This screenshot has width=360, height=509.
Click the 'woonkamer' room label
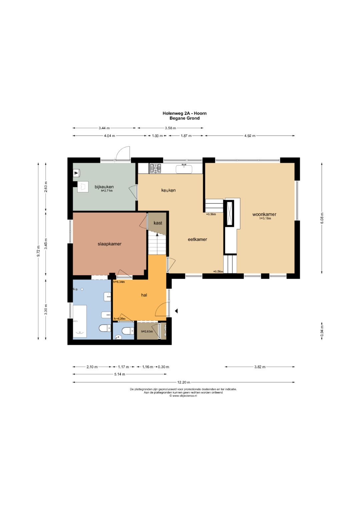pyautogui.click(x=264, y=214)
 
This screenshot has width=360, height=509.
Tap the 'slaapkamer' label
pyautogui.click(x=110, y=244)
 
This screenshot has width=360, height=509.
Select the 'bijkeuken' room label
pyautogui.click(x=104, y=187)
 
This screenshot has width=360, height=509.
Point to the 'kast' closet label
pyautogui.click(x=158, y=223)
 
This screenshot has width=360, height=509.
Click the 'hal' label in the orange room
pyautogui.click(x=144, y=295)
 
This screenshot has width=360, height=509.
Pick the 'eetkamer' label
pyautogui.click(x=197, y=239)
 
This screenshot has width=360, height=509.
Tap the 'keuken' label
pyautogui.click(x=168, y=190)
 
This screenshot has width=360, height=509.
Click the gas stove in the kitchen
pyautogui.click(x=155, y=168)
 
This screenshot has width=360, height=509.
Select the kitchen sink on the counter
pyautogui.click(x=184, y=169)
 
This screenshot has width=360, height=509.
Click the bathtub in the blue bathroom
pyautogui.click(x=80, y=321)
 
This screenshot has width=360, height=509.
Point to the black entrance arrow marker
pyautogui.click(x=176, y=311)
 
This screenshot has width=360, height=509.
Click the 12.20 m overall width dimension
pyautogui.click(x=184, y=382)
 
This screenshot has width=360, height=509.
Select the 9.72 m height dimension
pyautogui.click(x=38, y=251)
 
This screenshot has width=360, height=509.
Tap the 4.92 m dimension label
pyautogui.click(x=250, y=136)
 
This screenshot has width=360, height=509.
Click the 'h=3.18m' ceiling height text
pyautogui.click(x=265, y=218)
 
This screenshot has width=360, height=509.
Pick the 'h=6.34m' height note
pyautogui.click(x=119, y=282)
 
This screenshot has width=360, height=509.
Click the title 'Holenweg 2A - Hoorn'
pyautogui.click(x=185, y=113)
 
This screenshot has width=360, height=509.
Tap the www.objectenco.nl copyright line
pyautogui.click(x=183, y=396)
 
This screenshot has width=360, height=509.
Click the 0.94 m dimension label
pyautogui.click(x=322, y=331)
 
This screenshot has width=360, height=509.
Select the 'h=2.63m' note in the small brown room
pyautogui.click(x=147, y=331)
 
